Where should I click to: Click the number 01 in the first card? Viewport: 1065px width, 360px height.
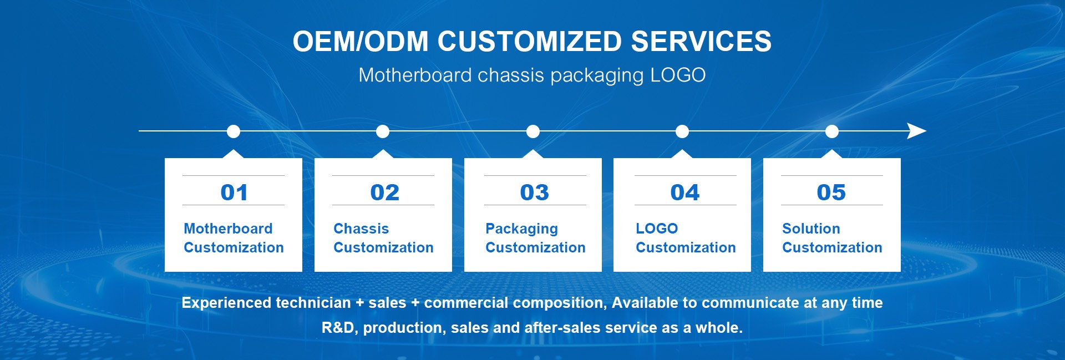point(234,192)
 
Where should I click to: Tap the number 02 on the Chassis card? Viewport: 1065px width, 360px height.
point(384,192)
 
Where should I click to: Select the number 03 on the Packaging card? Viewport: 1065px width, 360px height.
point(534,192)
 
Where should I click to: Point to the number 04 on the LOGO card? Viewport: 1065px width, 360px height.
point(684,192)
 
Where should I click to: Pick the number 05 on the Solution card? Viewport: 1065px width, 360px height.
point(831,192)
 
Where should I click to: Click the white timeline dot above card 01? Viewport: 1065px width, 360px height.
point(234,131)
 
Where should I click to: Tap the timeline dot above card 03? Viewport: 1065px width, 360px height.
point(533,131)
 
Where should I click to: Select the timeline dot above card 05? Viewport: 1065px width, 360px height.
point(831,131)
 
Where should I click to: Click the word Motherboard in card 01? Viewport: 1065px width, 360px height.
point(228,229)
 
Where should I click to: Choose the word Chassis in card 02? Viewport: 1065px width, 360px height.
point(361,229)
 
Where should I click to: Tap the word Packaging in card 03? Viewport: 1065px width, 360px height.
point(521,229)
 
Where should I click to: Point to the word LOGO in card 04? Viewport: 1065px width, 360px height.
point(657,229)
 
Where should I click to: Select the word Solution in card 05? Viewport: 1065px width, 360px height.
point(811,229)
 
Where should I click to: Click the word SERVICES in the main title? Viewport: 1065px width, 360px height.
point(701,42)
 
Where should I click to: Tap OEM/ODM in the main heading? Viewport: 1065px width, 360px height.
point(361,42)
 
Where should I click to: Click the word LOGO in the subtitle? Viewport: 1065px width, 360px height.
point(678,75)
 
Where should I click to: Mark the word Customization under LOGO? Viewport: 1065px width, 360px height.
point(686,247)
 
